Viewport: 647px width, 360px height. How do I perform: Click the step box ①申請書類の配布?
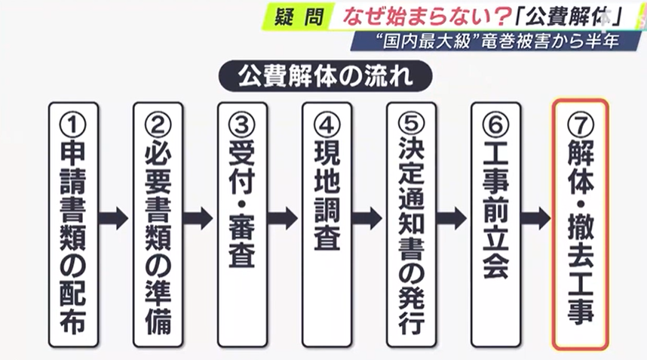click(73, 224)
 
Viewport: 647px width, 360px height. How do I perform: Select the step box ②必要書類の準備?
click(158, 224)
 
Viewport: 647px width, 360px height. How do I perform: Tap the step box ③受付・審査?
click(242, 224)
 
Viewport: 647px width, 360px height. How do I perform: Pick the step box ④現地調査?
click(327, 224)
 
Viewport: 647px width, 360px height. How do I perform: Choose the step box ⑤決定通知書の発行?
click(411, 224)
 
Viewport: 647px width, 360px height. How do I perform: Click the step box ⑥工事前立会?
click(495, 224)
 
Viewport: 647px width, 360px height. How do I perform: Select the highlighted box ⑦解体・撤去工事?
click(580, 224)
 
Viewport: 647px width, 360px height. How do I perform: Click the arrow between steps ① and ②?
click(115, 218)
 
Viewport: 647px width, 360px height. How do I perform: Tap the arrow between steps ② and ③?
click(200, 218)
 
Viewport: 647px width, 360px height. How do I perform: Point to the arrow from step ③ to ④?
click(284, 218)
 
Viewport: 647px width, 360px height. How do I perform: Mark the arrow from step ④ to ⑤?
click(369, 218)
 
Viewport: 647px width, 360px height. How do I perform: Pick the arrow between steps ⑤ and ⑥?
click(453, 218)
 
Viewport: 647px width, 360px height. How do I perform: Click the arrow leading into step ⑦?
click(537, 218)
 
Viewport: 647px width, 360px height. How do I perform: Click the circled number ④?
click(327, 123)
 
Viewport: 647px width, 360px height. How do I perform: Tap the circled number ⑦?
click(580, 123)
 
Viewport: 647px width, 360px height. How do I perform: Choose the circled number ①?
click(73, 123)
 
